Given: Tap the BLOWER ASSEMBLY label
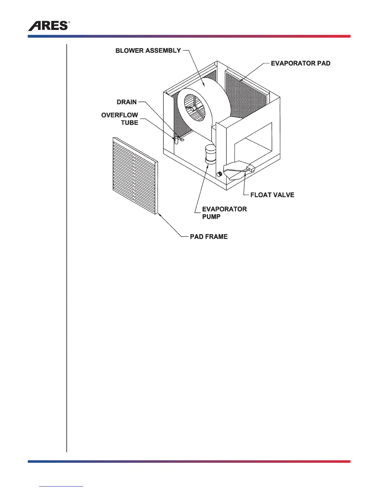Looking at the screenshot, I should click(148, 51).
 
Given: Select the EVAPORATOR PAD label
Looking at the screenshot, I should click(300, 63).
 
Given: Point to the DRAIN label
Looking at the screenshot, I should click(127, 102).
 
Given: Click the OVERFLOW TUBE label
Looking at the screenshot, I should click(120, 119).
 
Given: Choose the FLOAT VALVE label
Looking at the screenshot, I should click(272, 195).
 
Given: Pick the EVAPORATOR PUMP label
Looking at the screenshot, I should click(224, 213).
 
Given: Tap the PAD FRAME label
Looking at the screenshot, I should click(209, 236).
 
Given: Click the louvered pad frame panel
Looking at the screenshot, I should click(135, 176).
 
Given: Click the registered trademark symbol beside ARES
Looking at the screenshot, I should click(69, 23).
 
